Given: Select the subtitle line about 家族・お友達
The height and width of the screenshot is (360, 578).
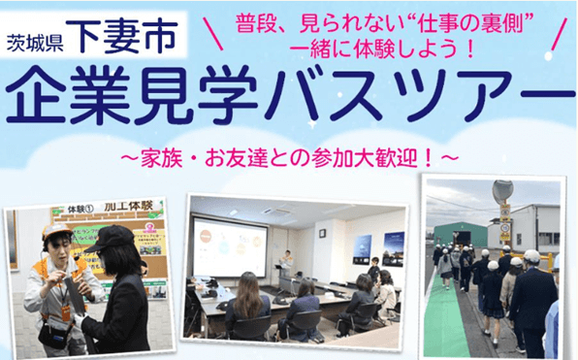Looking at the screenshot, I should coord(288,154).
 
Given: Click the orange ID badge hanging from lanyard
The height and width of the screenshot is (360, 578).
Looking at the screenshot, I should coord(67,313).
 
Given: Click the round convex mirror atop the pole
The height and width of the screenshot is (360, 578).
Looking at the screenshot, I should coord(502,190).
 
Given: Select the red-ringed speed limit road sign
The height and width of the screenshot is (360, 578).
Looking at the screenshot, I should coord(505,228).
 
